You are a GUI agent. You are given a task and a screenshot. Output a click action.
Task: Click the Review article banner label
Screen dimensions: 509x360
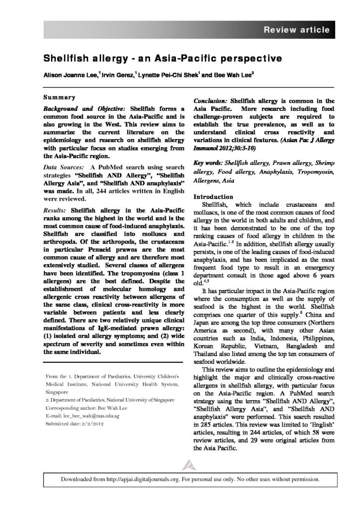click(x=296, y=30)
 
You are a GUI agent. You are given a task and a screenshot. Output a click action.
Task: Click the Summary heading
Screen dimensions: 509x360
click(x=59, y=97)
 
